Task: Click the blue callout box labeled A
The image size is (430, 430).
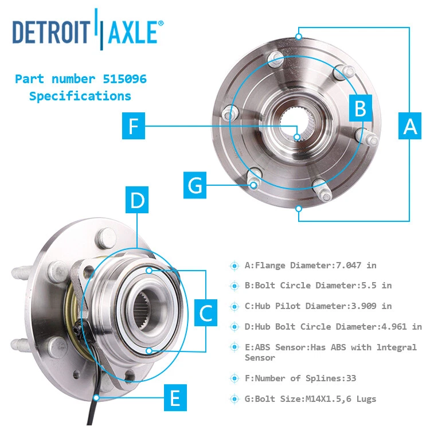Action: click(x=411, y=126)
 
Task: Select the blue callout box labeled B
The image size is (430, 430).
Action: click(x=360, y=108)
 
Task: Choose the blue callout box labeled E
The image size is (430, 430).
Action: click(x=175, y=397)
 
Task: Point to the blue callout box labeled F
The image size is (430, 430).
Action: click(x=134, y=126)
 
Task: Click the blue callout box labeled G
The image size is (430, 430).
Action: click(x=196, y=186)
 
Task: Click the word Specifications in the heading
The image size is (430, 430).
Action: click(x=80, y=96)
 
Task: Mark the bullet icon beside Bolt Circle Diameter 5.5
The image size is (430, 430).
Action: click(x=234, y=286)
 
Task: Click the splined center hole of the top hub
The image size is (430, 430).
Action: click(x=296, y=122)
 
